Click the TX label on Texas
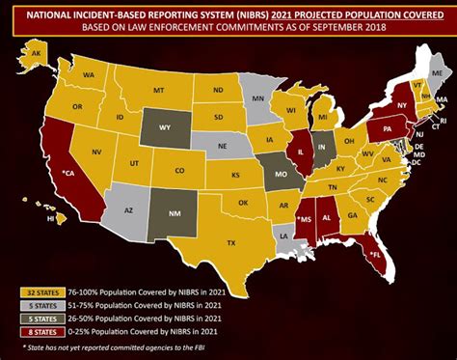230,243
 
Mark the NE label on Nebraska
225,146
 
